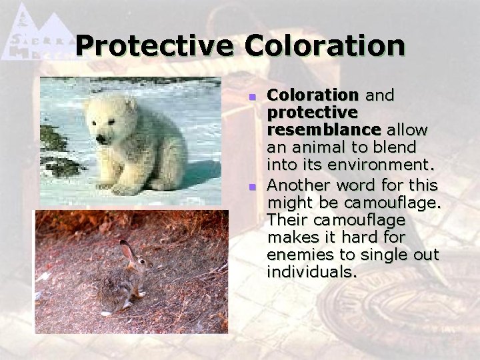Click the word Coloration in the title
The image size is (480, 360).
[x=325, y=47]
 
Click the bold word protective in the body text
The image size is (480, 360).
[x=312, y=111]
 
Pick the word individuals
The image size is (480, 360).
[x=311, y=272]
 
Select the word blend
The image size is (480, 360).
[x=396, y=147]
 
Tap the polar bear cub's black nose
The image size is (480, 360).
[x=101, y=139]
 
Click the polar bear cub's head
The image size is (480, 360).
[x=110, y=120]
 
